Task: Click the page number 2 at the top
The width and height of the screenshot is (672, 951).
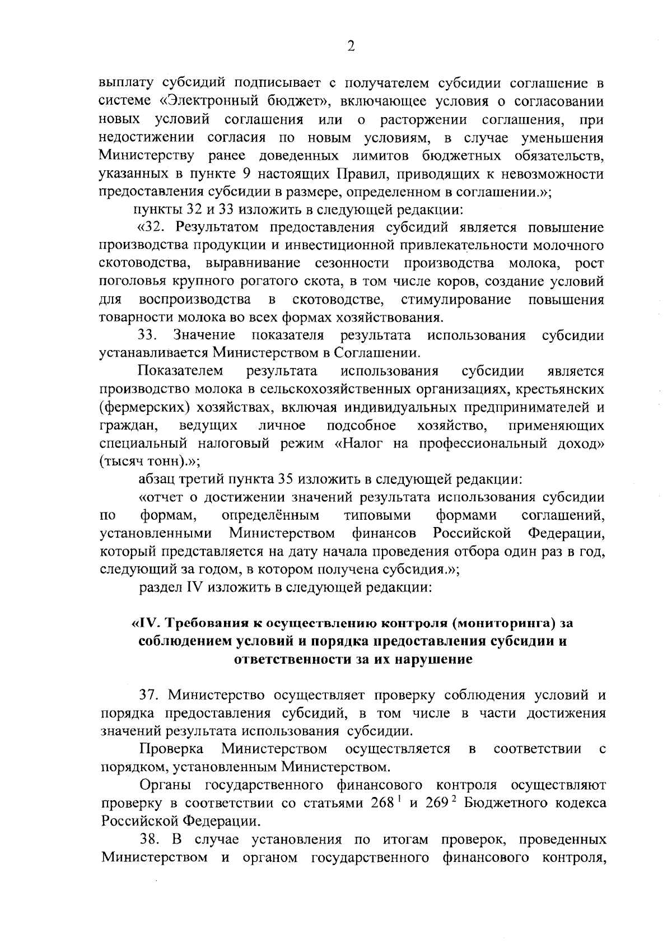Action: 351,46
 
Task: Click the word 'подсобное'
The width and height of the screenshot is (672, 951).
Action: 361,426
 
